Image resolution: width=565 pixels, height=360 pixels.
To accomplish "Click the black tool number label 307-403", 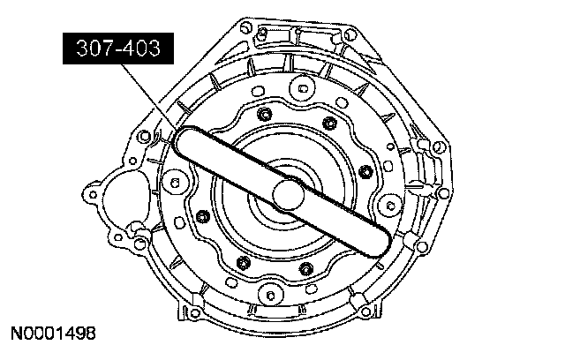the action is [118, 49].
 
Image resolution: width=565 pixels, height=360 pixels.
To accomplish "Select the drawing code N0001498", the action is [53, 334].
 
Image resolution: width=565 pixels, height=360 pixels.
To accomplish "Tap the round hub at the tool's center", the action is [289, 195].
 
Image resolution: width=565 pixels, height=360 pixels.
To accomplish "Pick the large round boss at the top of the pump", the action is [302, 88].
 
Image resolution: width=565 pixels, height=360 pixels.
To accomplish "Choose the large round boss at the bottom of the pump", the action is [271, 296].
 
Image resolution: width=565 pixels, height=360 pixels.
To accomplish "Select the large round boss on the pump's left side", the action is [175, 183].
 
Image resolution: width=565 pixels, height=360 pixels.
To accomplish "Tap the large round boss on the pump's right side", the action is [390, 206].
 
